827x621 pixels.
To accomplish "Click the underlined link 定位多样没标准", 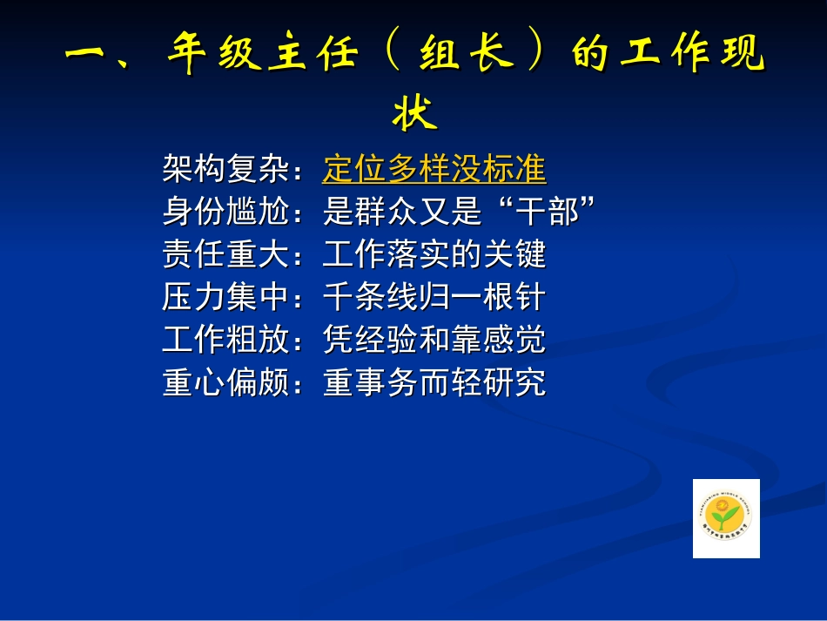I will [x=434, y=168].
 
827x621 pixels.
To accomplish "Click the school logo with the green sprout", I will [x=726, y=518].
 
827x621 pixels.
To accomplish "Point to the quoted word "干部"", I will [x=546, y=211].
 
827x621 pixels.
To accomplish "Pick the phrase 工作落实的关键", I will [x=434, y=253].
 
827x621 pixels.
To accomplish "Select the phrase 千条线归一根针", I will [x=434, y=296].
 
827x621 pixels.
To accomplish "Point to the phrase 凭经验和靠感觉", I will [x=434, y=339].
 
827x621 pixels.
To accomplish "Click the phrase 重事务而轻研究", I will [x=434, y=381].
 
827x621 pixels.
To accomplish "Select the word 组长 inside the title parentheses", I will [x=475, y=55].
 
